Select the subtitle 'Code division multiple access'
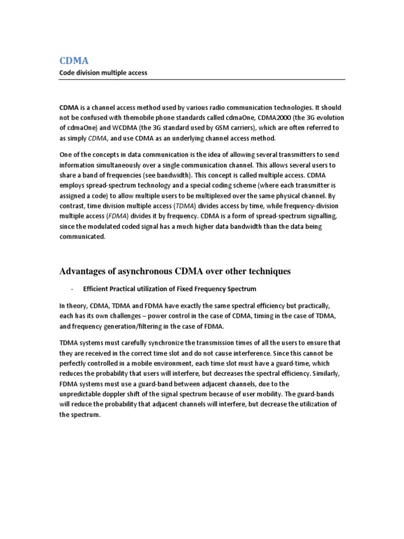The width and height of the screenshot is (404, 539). pyautogui.click(x=103, y=73)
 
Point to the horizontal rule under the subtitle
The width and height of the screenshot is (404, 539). pyautogui.click(x=201, y=79)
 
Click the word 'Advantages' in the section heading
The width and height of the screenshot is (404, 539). pyautogui.click(x=85, y=272)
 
